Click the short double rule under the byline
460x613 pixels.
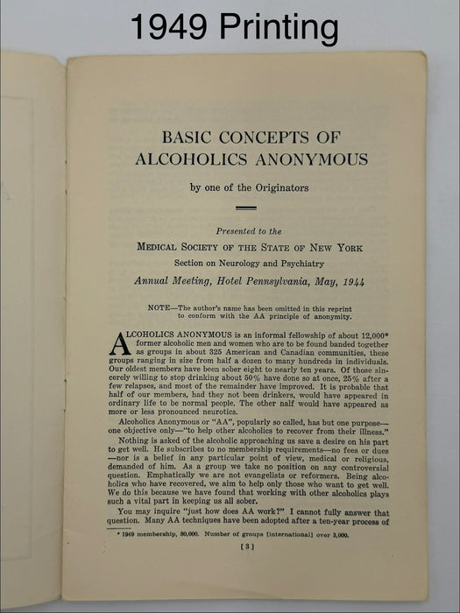[x=246, y=208]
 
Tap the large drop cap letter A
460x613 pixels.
[x=120, y=344]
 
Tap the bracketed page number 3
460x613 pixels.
[x=247, y=546]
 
